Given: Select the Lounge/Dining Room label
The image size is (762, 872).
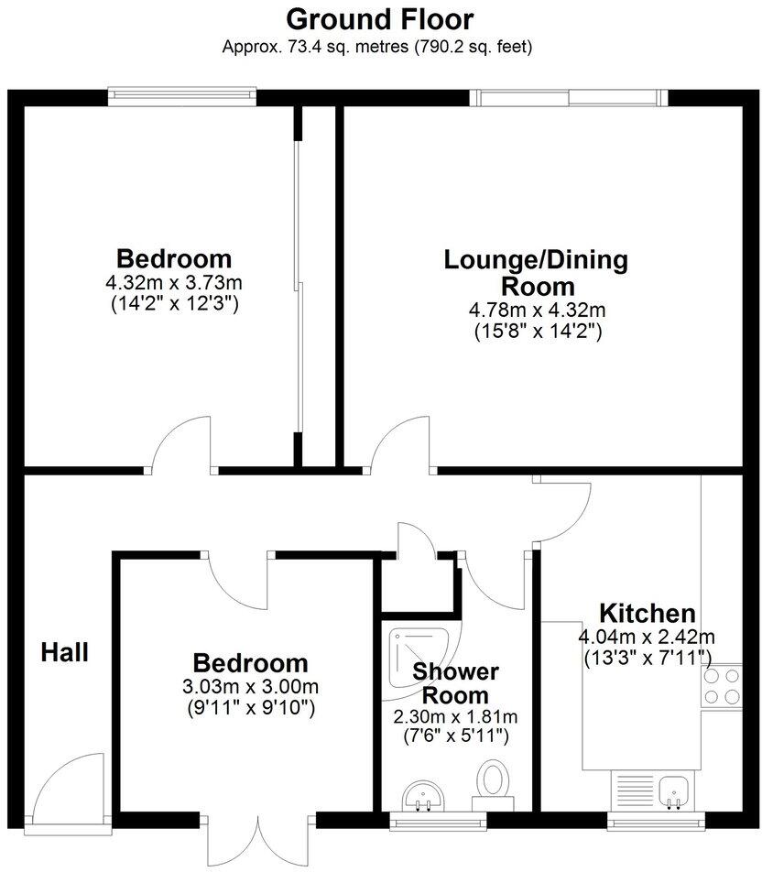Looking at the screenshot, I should pyautogui.click(x=536, y=272).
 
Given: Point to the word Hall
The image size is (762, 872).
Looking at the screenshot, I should pyautogui.click(x=65, y=652).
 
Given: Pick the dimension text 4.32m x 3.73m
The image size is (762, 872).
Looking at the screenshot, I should pyautogui.click(x=174, y=282).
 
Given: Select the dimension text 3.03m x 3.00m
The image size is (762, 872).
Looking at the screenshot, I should pyautogui.click(x=250, y=686).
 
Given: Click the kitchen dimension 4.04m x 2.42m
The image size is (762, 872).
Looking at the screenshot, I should pyautogui.click(x=647, y=637).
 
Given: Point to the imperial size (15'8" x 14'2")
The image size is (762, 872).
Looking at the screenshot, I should pyautogui.click(x=536, y=332).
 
